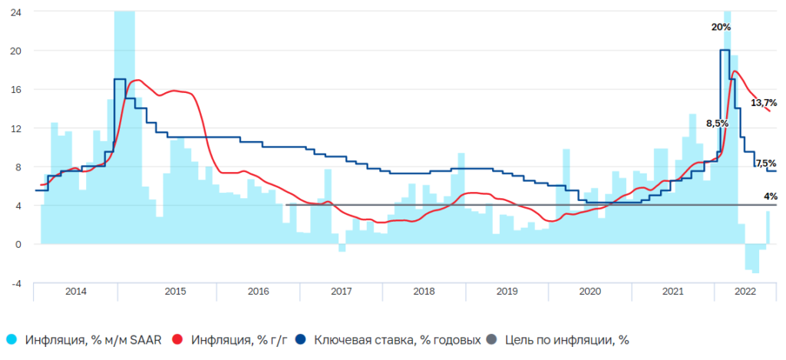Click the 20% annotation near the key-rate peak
coord(721,27)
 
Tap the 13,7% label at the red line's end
coord(763,102)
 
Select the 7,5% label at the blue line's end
coord(765,163)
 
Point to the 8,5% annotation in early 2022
coord(716,124)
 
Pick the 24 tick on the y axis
coord(15,12)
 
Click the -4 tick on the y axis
coord(15,283)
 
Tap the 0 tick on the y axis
coord(18,244)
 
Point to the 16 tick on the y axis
coord(15,90)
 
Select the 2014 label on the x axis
coord(76,292)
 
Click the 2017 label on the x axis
coord(341,292)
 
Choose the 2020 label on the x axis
coord(589,292)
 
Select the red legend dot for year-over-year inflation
coord(178,339)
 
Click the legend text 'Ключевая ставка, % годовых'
coord(398,339)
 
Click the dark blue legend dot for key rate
coord(301,339)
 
